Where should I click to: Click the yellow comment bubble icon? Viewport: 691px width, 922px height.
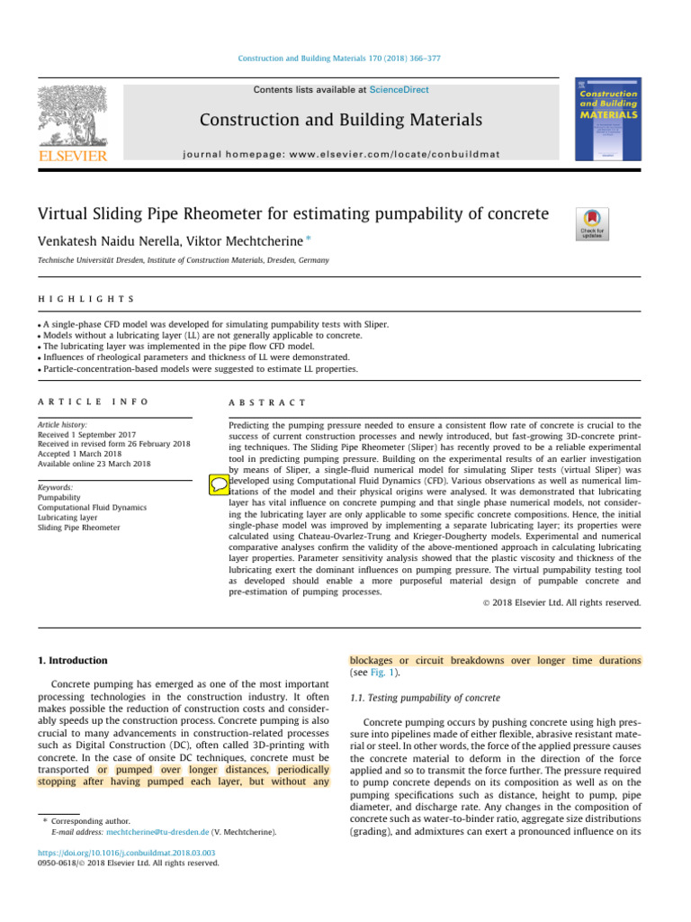[x=218, y=484]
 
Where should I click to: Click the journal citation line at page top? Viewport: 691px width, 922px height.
[x=345, y=59]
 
